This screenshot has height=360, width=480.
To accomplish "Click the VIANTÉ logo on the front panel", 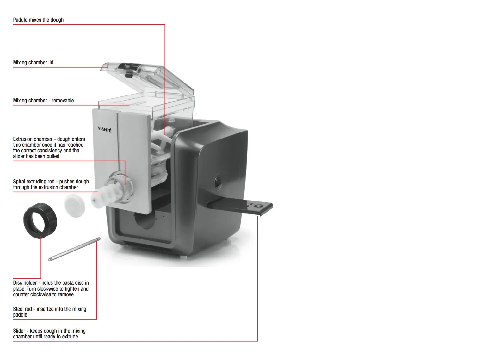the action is (105, 129).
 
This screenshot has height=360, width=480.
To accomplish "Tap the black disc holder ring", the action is (40, 220).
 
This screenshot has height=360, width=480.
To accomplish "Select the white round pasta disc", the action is (74, 206).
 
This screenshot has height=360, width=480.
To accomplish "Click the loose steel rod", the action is (74, 249).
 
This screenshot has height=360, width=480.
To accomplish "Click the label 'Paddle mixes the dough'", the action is (38, 20).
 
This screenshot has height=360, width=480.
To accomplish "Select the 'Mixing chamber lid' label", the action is (33, 62).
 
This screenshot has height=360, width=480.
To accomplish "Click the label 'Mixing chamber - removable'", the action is (43, 100).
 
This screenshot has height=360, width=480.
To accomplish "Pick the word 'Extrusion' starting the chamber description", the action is (23, 139).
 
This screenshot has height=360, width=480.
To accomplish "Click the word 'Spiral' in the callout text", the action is (19, 181).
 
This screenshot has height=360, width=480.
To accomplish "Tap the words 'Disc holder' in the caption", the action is (25, 283).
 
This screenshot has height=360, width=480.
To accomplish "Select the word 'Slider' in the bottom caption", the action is (19, 331).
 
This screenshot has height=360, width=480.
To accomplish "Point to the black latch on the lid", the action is (128, 70).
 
